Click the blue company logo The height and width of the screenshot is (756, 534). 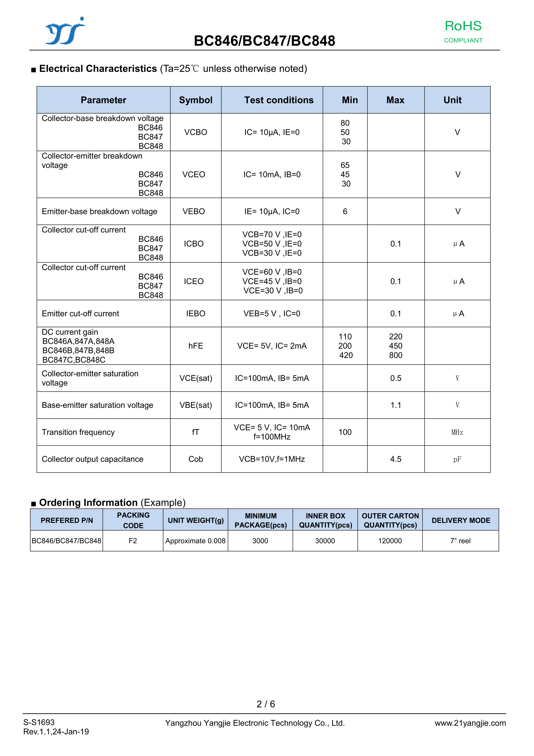coord(65,31)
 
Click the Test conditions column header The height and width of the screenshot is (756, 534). coord(279,100)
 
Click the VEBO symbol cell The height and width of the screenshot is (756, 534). coord(194,211)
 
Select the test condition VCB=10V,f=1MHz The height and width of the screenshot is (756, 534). coord(272,459)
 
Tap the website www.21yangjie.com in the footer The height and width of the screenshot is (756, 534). coord(470,723)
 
